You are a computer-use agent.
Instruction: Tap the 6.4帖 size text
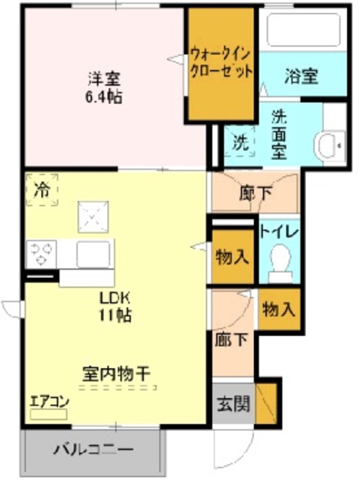coord(105,97)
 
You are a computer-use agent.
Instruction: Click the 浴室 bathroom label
coord(301,77)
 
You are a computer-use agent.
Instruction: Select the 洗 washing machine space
coord(240,143)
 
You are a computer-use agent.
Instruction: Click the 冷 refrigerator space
coord(42,188)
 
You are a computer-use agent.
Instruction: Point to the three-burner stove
coord(42,253)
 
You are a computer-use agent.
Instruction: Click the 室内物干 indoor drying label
coord(113,374)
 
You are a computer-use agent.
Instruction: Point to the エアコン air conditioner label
coord(48,401)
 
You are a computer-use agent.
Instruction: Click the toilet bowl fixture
coord(279,262)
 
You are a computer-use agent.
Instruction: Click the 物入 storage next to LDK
coord(232,258)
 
